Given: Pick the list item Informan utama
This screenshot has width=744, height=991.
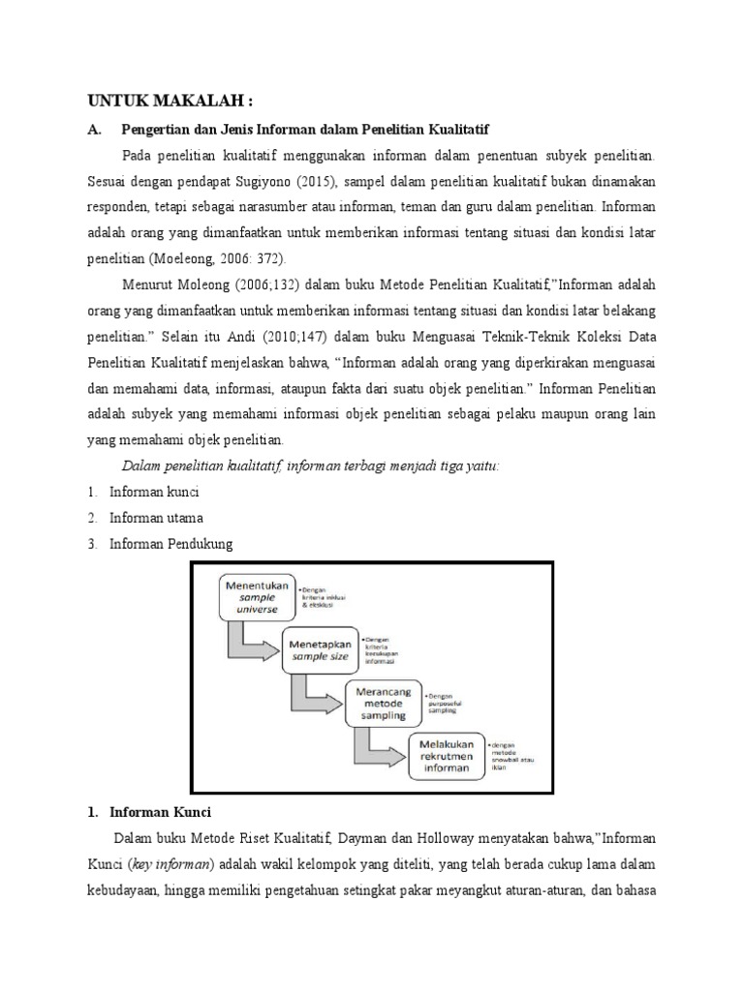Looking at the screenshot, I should coord(156,518).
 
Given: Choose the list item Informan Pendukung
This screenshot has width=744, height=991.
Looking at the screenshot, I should coord(170,544).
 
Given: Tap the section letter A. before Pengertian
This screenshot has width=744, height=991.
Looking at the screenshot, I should coord(94,128).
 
